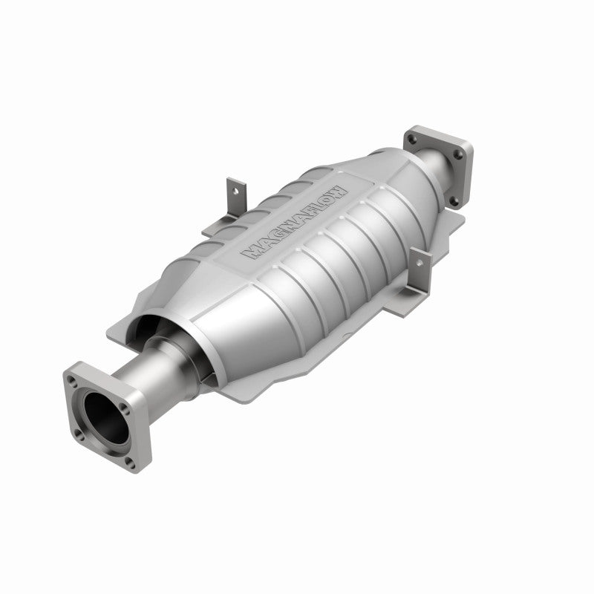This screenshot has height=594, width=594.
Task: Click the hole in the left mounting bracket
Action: (x=235, y=189)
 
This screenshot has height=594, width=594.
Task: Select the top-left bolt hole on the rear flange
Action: (x=413, y=137)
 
